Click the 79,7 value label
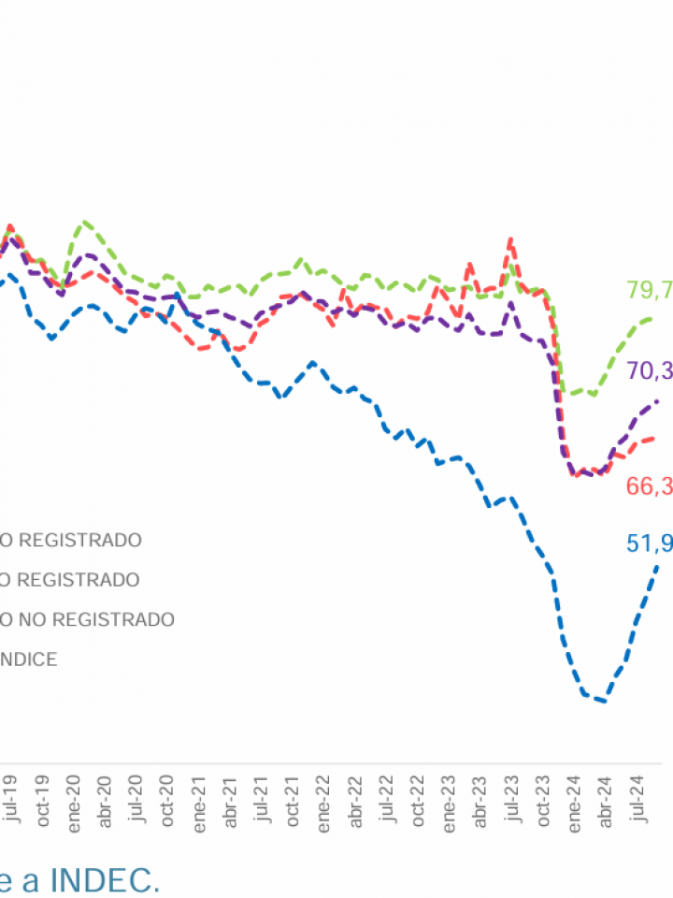point(652,290)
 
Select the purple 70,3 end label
point(652,371)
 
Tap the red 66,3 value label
point(652,485)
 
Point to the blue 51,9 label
point(652,543)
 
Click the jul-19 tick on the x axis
point(10,797)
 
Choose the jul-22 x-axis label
point(387,797)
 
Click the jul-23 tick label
point(512,797)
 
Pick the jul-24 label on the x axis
point(638,797)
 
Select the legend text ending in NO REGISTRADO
point(87,619)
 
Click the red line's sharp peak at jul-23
point(510,239)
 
